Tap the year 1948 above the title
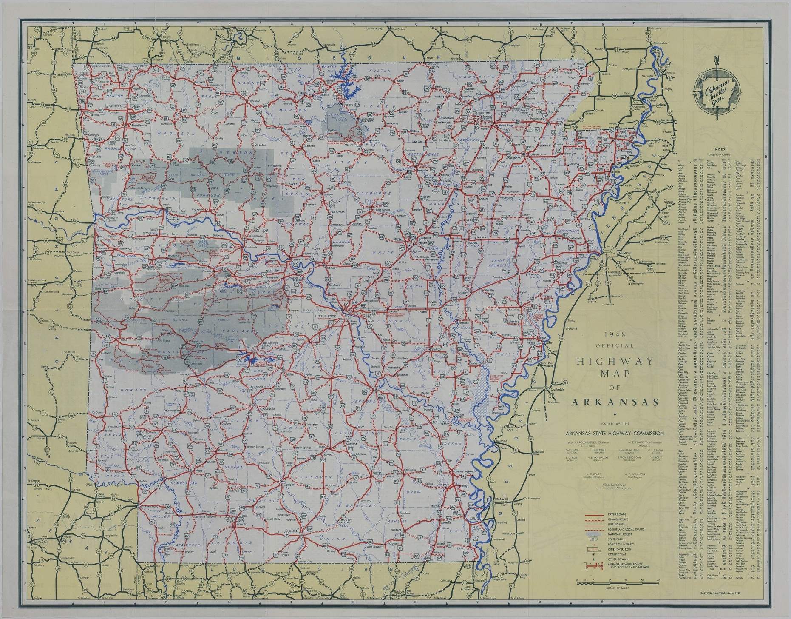coord(615,334)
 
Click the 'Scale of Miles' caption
coord(615,589)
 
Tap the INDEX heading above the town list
coord(720,150)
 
